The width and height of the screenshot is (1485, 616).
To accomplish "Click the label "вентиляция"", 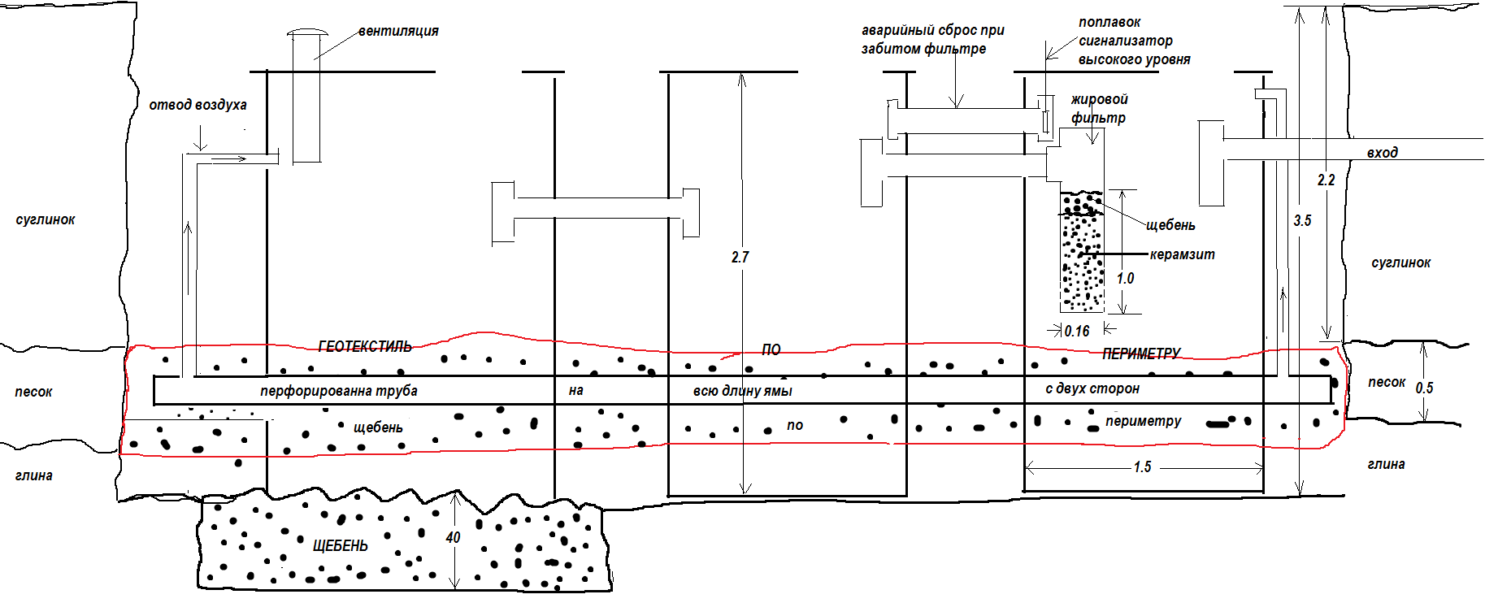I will pyautogui.click(x=398, y=32).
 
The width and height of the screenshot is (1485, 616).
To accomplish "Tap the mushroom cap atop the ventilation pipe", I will pyautogui.click(x=306, y=33).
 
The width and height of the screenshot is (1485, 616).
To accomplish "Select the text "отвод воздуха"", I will pyautogui.click(x=198, y=105).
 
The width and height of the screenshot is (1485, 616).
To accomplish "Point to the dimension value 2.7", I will pyautogui.click(x=740, y=258).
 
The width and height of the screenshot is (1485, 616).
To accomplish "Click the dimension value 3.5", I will pyautogui.click(x=1302, y=221).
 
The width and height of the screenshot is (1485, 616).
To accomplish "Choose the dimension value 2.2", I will pyautogui.click(x=1326, y=180).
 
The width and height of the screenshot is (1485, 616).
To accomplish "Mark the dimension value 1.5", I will pyautogui.click(x=1142, y=467).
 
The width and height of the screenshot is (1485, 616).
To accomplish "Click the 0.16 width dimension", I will pyautogui.click(x=1077, y=331).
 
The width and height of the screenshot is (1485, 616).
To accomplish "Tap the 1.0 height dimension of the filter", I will pyautogui.click(x=1125, y=279).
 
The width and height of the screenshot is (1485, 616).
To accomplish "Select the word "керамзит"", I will pyautogui.click(x=1182, y=255).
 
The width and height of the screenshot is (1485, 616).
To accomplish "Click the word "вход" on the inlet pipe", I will pyautogui.click(x=1382, y=153).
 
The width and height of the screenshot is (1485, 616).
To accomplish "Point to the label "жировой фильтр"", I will pyautogui.click(x=1099, y=109).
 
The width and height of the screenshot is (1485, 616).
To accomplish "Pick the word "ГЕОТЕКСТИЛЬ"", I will pyautogui.click(x=365, y=347).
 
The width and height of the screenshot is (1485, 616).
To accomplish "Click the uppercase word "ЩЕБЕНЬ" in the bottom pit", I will pyautogui.click(x=340, y=546).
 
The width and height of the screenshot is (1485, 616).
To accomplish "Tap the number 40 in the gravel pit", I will pyautogui.click(x=453, y=538).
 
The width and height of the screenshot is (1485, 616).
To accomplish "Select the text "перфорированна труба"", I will pyautogui.click(x=338, y=391).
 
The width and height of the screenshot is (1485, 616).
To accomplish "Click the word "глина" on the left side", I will pyautogui.click(x=34, y=475).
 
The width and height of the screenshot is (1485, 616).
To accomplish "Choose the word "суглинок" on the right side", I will pyautogui.click(x=1400, y=263).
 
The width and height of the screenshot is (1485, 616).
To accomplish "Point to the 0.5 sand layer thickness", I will pyautogui.click(x=1424, y=388).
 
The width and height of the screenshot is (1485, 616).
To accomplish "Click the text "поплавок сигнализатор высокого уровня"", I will pyautogui.click(x=1134, y=41).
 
